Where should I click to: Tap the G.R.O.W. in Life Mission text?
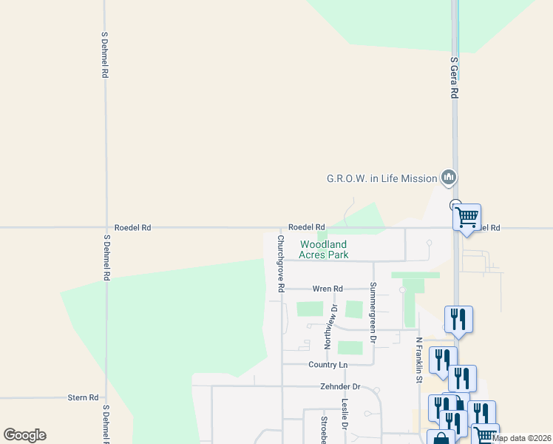(x=381, y=178)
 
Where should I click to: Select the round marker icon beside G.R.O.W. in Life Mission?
(x=448, y=178)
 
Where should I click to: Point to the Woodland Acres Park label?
(x=323, y=249)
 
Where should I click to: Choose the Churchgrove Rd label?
(x=281, y=263)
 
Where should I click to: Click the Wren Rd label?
(x=328, y=289)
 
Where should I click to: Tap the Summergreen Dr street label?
(x=373, y=312)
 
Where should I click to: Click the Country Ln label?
(x=328, y=365)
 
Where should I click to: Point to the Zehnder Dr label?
(x=340, y=386)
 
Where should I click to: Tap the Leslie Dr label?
(x=345, y=414)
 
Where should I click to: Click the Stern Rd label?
(x=83, y=397)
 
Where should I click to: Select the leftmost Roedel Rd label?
(x=133, y=228)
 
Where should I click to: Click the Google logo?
(x=24, y=435)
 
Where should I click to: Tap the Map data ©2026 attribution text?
(x=521, y=438)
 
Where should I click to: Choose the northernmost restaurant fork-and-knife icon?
(x=458, y=319)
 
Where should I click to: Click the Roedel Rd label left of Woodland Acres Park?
(x=307, y=227)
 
